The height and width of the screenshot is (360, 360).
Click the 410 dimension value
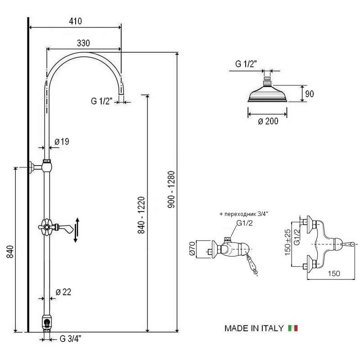click(x=75, y=21)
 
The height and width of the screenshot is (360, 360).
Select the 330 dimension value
click(x=83, y=43)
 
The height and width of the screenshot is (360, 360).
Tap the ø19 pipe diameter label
click(x=62, y=142)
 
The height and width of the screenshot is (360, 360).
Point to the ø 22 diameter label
click(x=63, y=292)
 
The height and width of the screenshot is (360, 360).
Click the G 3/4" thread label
click(x=70, y=339)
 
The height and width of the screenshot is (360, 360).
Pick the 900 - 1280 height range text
click(x=171, y=189)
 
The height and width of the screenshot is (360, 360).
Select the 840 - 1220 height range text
click(x=141, y=215)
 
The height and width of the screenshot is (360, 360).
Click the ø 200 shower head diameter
click(x=268, y=121)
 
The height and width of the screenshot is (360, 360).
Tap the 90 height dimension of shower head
click(x=310, y=94)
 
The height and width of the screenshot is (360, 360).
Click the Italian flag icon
click(x=293, y=328)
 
